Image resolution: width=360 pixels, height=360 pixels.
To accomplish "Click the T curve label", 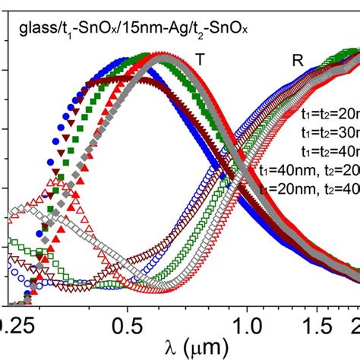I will click(200, 58).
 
